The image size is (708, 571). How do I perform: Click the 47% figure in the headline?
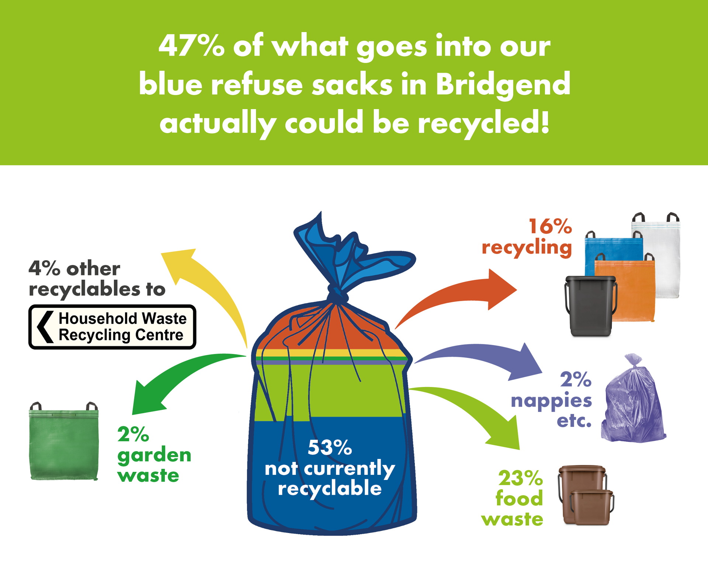191,46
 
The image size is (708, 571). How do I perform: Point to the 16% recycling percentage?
550,226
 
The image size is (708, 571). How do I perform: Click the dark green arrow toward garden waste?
173,380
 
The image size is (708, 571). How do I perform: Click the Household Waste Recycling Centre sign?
112,327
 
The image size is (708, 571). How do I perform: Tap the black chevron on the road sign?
45,327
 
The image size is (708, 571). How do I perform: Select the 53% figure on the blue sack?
330,448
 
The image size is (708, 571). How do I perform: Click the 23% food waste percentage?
520,478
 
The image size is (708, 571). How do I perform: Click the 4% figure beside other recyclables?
44,268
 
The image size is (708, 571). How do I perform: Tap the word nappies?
551,401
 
